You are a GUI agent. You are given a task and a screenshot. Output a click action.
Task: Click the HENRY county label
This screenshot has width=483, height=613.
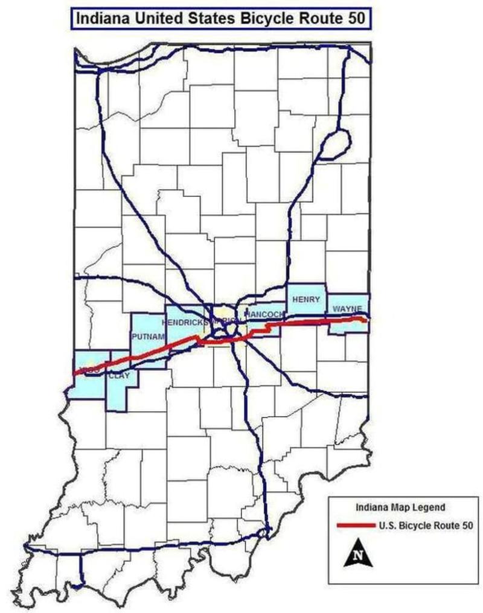point(306,299)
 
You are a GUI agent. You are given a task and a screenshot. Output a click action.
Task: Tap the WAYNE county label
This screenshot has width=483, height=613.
point(347,310)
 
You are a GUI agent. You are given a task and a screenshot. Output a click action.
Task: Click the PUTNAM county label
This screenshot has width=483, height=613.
point(148,337)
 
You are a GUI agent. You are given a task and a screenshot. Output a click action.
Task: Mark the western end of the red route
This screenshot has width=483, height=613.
point(74,373)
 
